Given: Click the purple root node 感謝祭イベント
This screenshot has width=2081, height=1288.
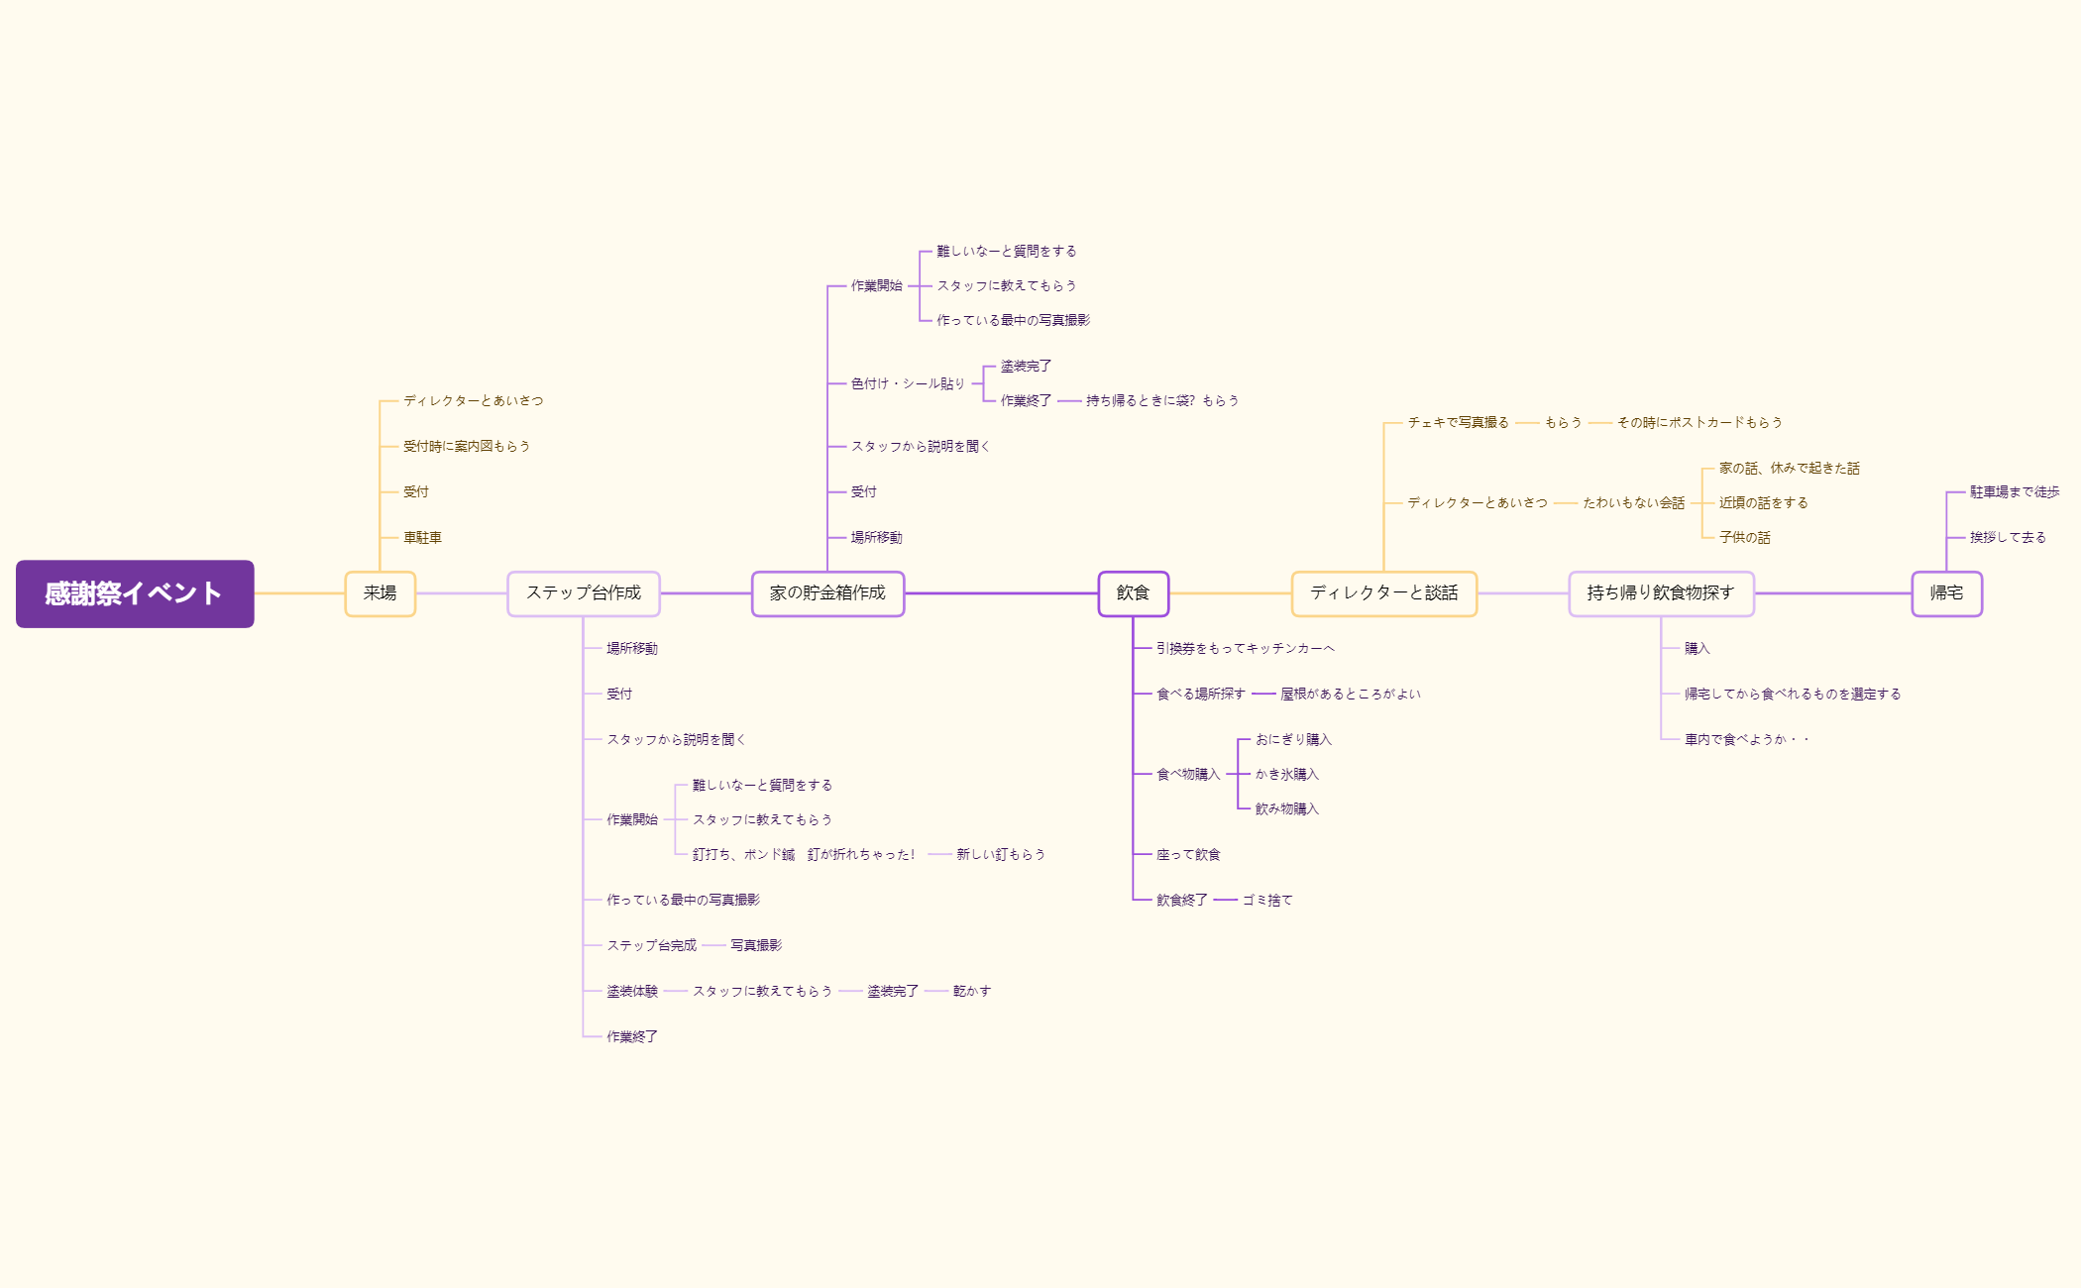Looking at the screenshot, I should pos(135,593).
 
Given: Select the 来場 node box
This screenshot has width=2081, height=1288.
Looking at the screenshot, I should pos(380,593).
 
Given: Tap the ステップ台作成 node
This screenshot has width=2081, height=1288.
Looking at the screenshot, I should pos(583,593).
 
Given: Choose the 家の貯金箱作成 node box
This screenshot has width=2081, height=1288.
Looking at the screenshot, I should pos(827,593).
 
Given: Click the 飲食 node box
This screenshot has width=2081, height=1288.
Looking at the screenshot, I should pos(1133,593).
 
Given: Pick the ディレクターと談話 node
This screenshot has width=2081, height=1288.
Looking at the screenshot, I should pos(1383,593).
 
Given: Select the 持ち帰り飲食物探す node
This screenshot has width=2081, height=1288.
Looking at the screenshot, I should pos(1661,593).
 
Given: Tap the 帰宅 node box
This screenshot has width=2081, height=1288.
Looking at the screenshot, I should pos(1946,593).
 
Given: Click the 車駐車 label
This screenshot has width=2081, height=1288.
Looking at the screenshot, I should pos(422,538).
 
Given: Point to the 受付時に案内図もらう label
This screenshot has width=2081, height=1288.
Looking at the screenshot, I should pos(466,447).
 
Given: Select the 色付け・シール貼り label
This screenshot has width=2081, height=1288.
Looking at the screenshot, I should pos(908,383).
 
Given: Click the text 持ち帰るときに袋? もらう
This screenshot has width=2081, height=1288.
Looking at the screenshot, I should pos(1162,401).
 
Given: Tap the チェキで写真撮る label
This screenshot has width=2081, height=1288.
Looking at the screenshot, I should pos(1458,423).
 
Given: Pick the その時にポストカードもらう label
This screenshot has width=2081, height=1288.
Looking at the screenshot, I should pos(1699,423).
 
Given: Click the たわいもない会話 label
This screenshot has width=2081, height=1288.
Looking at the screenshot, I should pos(1633,503).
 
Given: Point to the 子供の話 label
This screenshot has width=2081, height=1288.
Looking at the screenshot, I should pos(1744,538).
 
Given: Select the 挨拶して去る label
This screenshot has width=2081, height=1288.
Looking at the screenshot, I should pos(2008,538).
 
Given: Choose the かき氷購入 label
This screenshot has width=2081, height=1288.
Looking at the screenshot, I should pos(1286,775).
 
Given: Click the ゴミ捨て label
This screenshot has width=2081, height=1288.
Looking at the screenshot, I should pos(1267,901).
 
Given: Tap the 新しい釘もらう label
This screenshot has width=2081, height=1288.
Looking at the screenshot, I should pos(1000,855).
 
